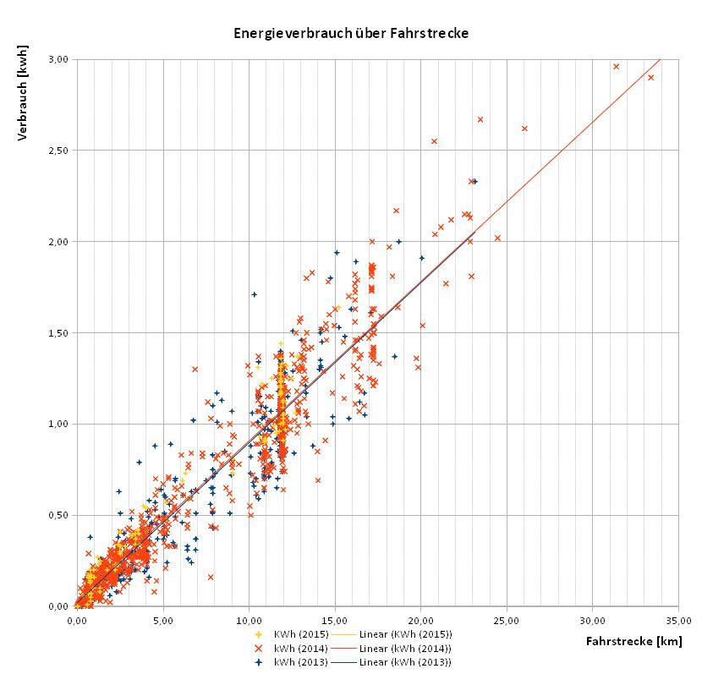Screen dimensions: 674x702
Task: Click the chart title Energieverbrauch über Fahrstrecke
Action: click(350, 34)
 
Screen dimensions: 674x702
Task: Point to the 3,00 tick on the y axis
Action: click(58, 59)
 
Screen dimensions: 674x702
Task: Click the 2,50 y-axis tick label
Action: click(58, 151)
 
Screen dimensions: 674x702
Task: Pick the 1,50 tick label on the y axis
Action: click(58, 332)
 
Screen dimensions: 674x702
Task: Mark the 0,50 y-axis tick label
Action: click(58, 515)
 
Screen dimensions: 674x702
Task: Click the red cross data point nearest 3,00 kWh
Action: click(616, 66)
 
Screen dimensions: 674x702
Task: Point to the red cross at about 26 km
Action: click(524, 129)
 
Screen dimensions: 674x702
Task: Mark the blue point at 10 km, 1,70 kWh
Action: click(254, 294)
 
